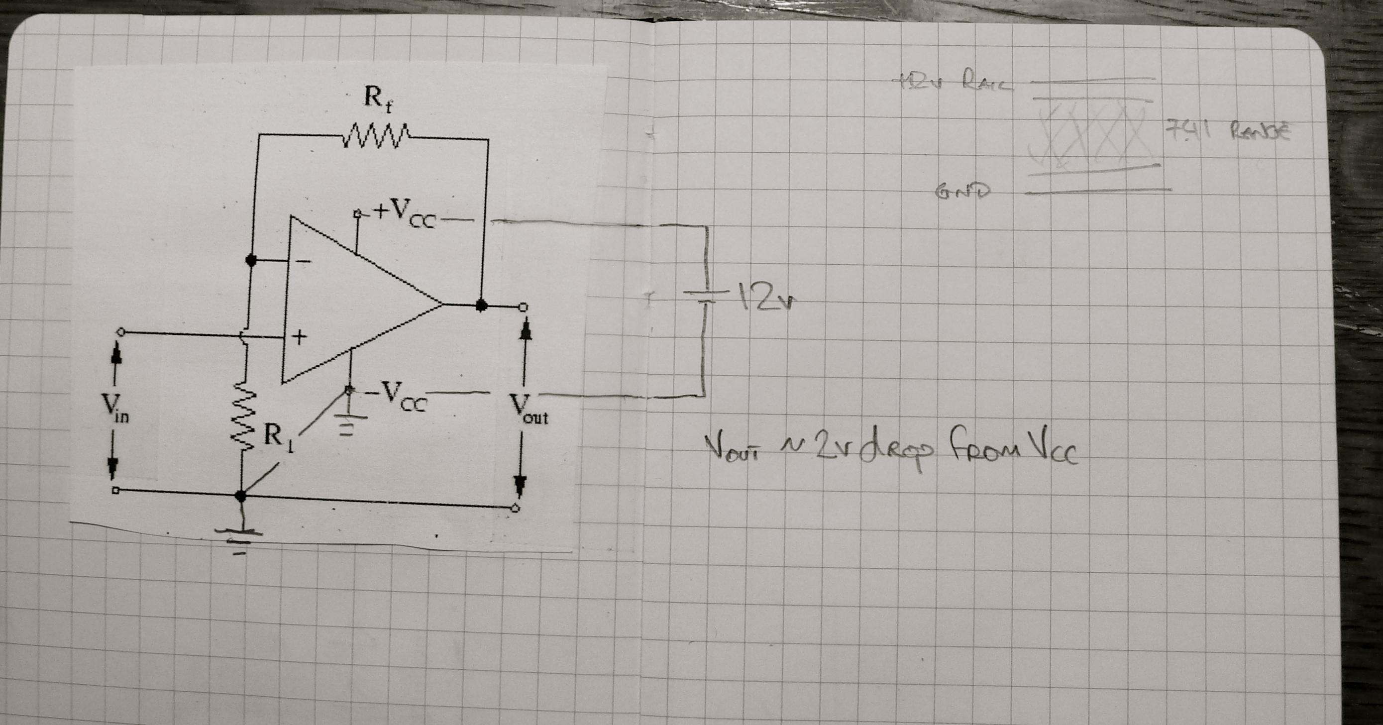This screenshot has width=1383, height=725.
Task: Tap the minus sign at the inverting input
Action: (304, 261)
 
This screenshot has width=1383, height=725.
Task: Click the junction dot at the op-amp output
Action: (482, 306)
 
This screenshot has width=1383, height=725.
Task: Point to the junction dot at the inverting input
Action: (250, 260)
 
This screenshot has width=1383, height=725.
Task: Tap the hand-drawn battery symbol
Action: (703, 296)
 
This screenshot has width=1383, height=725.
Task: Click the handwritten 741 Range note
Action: (1226, 130)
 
